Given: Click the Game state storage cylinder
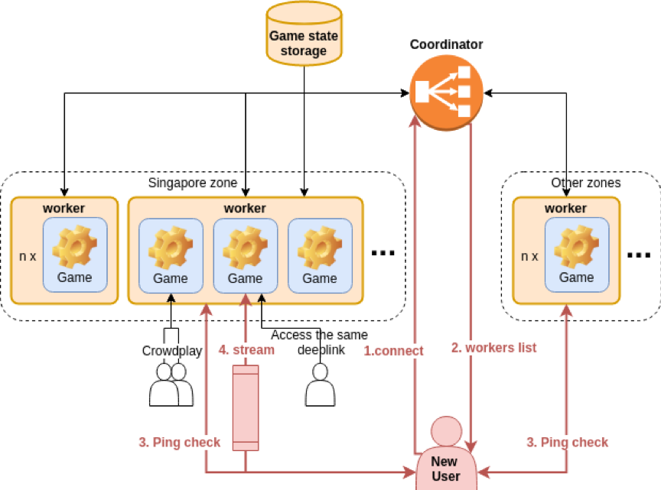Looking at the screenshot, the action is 304,34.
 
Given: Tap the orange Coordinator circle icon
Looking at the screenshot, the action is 446,92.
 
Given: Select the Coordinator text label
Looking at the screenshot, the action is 446,44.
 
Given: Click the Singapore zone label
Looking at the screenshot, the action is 193,183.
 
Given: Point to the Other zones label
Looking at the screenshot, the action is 586,183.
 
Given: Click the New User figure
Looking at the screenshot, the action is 446,453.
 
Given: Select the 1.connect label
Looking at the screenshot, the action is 393,351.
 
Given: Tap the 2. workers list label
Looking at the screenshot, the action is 493,348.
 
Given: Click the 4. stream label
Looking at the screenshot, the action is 246,349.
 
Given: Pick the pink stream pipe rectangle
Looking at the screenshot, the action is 246,408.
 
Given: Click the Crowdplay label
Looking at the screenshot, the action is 172,351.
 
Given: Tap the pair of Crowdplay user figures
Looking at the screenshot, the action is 171,385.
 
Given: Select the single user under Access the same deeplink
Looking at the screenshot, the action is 320,385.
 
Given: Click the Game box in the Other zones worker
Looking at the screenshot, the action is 577,255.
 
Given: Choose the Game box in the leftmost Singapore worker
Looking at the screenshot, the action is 75,255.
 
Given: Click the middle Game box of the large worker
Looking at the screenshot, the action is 246,256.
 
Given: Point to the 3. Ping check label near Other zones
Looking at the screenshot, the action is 567,442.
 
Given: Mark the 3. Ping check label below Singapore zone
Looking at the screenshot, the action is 179,442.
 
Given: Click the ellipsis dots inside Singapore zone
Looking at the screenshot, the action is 383,253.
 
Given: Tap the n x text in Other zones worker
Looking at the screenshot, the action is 529,256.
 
